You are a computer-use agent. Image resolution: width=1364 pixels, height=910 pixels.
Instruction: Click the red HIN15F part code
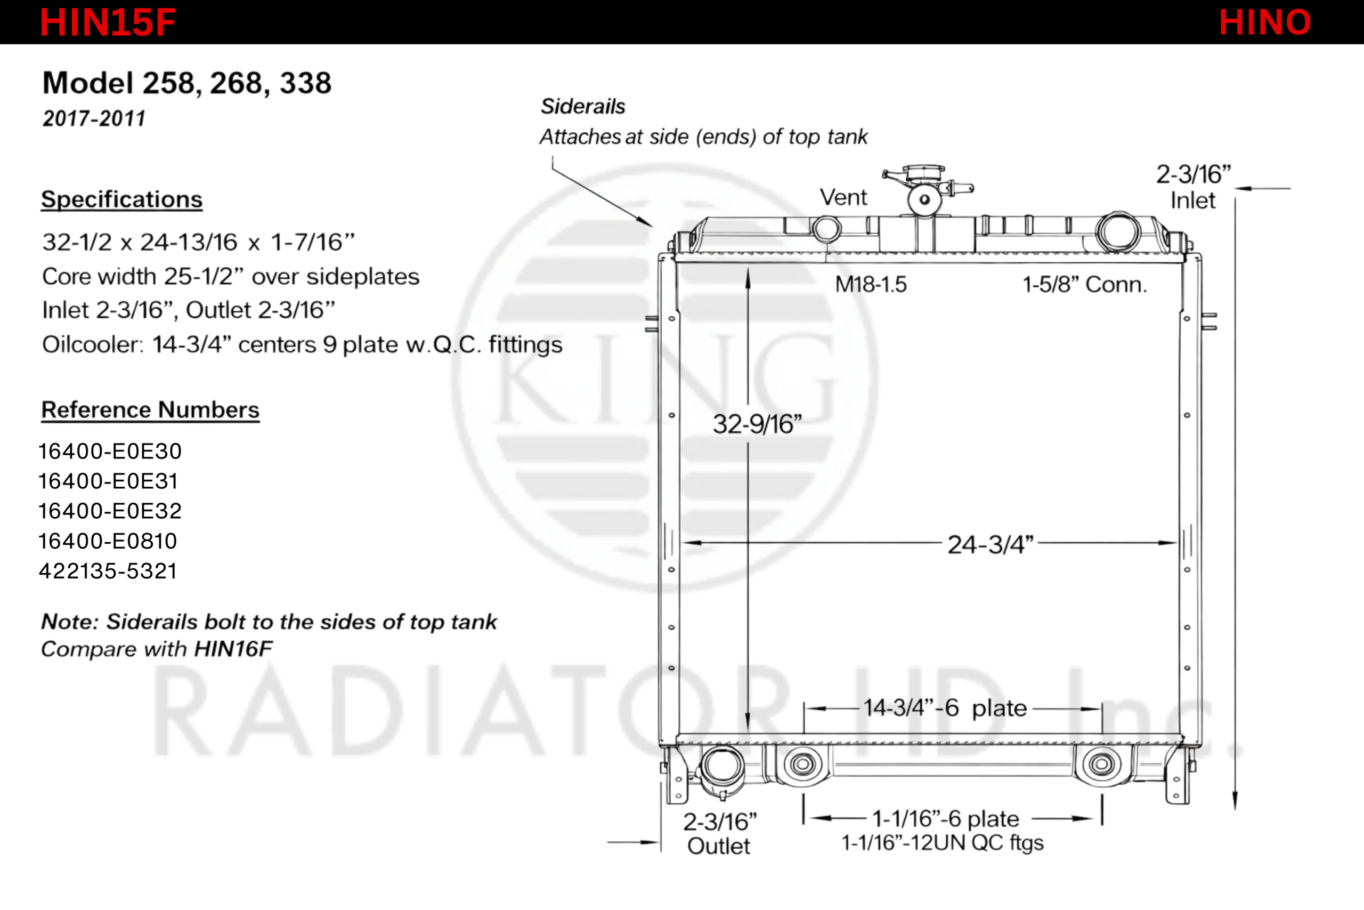click(x=107, y=22)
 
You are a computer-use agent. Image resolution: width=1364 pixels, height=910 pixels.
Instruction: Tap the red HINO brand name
click(x=1265, y=22)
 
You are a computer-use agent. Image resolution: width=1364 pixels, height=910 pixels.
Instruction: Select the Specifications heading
click(x=122, y=199)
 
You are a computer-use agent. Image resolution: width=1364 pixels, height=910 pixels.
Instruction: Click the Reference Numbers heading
click(x=150, y=410)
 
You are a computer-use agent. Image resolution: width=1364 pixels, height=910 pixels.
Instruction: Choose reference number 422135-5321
click(x=108, y=571)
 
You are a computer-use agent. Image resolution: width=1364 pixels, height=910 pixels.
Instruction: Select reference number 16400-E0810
click(x=108, y=541)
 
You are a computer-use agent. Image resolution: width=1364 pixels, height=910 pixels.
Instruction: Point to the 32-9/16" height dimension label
click(x=757, y=424)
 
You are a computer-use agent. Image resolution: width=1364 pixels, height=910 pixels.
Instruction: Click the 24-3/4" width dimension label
click(x=990, y=545)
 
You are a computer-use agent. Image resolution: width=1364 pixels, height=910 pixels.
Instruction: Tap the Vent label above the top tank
click(x=843, y=197)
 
